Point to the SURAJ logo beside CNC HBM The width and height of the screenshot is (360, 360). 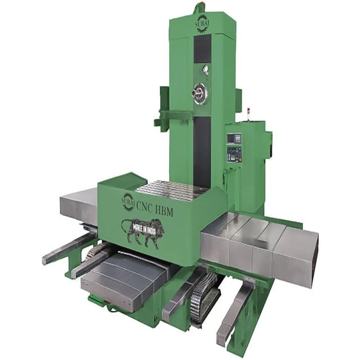point(127,201)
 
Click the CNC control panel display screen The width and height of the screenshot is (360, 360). point(235,138)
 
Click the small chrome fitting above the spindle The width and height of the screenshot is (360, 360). point(197,73)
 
